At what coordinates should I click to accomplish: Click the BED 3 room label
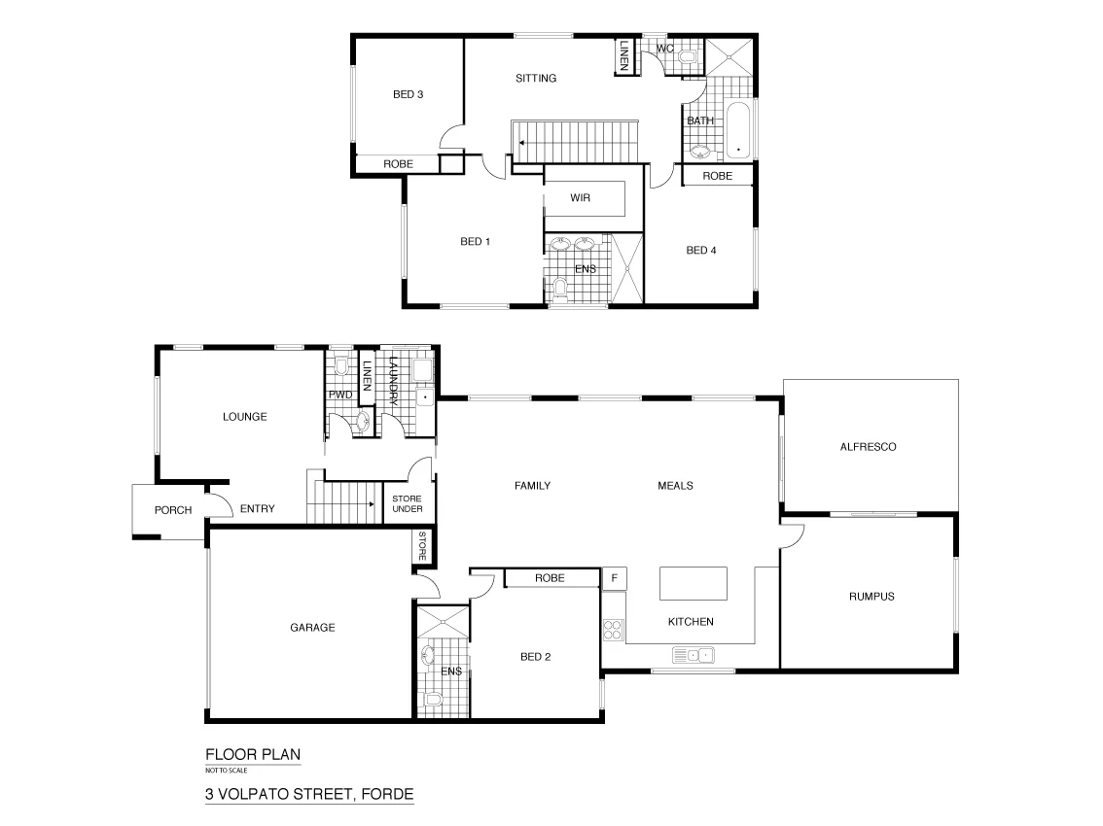coord(408,94)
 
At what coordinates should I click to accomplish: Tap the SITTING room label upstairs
coord(535,78)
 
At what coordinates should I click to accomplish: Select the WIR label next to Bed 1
coord(582,197)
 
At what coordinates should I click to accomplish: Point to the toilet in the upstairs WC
coord(689,61)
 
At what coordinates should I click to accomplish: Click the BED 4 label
coord(700,250)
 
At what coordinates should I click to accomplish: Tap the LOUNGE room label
coord(244,416)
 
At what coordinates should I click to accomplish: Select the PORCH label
coord(173,510)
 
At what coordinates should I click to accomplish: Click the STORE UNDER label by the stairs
coord(407,503)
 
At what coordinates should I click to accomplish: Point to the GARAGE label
coord(312,628)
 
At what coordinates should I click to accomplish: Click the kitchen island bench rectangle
coord(693,585)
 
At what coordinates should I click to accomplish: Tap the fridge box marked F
coord(614,578)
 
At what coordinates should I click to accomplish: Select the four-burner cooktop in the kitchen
coord(613,630)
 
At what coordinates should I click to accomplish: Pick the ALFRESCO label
coord(867,447)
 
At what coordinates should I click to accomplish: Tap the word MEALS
coord(675,486)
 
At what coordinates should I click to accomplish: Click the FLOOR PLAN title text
coord(246,754)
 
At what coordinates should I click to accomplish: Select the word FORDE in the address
coord(387,794)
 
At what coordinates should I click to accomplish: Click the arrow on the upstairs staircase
coord(523,142)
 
